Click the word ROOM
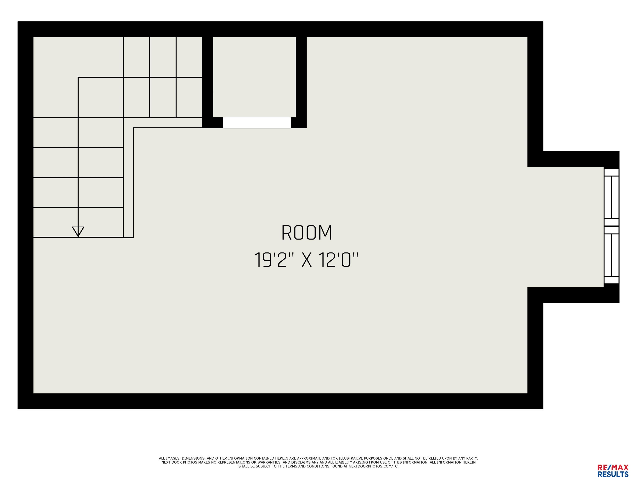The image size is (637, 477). point(307,233)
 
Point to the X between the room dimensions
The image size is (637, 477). point(307,260)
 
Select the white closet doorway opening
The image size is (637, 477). point(257,123)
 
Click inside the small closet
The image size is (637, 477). point(254,77)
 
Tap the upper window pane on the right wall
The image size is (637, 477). point(611,197)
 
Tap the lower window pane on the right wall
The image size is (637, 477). point(611,255)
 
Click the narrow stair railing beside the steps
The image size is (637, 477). point(128,183)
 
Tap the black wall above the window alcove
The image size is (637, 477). point(573,159)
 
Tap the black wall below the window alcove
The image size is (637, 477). point(573,295)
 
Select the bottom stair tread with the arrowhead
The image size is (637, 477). point(78,222)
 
